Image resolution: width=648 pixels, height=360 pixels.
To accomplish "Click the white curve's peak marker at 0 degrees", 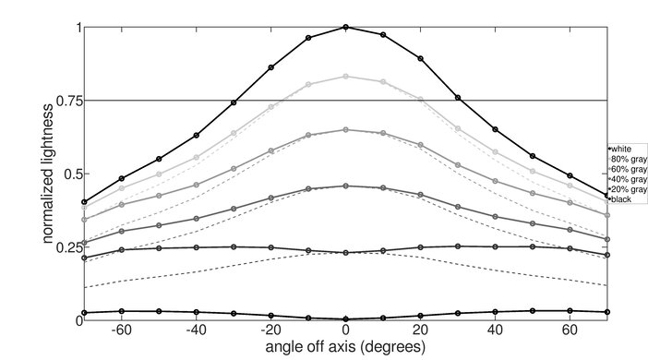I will [345, 27].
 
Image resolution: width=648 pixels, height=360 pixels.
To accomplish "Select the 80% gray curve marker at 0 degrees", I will [345, 77].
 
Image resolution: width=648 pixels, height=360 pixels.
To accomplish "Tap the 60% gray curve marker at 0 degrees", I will [345, 129].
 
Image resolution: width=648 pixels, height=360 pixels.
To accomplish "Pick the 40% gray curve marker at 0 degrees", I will [345, 186].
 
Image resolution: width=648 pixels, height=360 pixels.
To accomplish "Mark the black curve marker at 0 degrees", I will [345, 318].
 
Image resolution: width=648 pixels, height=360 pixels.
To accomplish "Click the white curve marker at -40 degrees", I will [196, 135].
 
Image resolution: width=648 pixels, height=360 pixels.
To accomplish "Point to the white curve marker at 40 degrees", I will [495, 129].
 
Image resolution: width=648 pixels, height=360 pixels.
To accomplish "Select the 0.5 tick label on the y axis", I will [70, 174].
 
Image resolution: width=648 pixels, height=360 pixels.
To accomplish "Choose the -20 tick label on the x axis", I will [269, 330].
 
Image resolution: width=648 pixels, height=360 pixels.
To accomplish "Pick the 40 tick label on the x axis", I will [495, 330].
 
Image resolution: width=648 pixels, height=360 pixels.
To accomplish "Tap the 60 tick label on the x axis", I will [570, 330].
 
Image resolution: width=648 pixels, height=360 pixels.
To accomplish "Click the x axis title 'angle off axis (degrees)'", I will [345, 348].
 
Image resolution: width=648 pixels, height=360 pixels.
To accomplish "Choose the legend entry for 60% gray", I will [625, 169].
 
